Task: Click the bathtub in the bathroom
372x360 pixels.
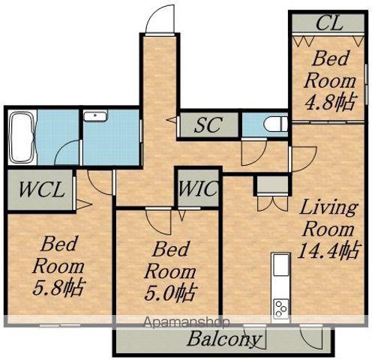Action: pyautogui.click(x=22, y=137)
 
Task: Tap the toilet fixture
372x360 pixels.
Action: pyautogui.click(x=276, y=124)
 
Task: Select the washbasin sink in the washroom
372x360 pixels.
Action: pyautogui.click(x=95, y=116)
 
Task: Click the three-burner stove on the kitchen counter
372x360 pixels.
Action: pyautogui.click(x=280, y=309)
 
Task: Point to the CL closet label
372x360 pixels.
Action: pyautogui.click(x=329, y=23)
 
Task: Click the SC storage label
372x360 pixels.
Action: pyautogui.click(x=208, y=124)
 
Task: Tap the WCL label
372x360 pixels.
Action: pyautogui.click(x=40, y=190)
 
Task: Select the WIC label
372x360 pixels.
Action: pyautogui.click(x=197, y=188)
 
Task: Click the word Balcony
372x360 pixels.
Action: pyautogui.click(x=223, y=339)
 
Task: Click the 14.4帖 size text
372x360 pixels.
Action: pyautogui.click(x=329, y=250)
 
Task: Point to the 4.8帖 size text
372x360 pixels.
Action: pyautogui.click(x=330, y=103)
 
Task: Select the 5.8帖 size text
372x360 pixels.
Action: pyautogui.click(x=58, y=288)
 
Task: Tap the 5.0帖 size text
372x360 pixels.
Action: pyautogui.click(x=170, y=293)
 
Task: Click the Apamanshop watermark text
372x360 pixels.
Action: pyautogui.click(x=186, y=322)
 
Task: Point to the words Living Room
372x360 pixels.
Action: pyautogui.click(x=329, y=218)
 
